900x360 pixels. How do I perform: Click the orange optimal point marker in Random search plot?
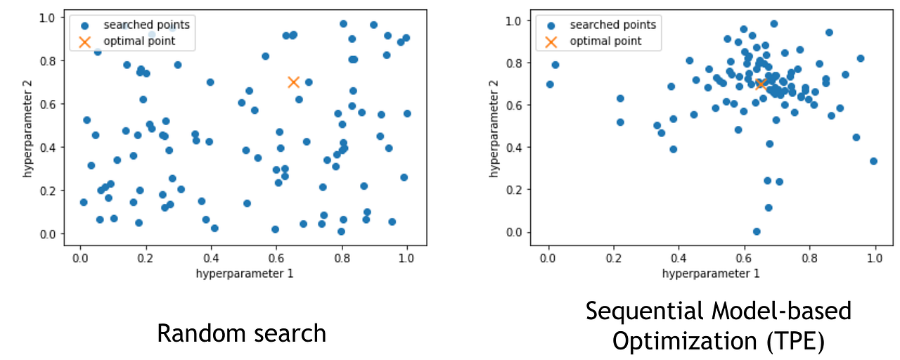point(294,82)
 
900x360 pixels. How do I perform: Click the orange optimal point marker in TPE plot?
point(761,84)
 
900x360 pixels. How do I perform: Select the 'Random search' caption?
point(241,333)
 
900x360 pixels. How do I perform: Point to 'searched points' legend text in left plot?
point(146,25)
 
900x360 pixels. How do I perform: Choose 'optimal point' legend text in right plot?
point(605,41)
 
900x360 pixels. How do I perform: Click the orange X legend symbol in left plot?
point(85,41)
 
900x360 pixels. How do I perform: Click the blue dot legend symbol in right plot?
point(551,25)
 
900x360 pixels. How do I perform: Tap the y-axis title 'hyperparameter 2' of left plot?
point(27,127)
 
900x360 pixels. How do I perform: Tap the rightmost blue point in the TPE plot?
point(873,161)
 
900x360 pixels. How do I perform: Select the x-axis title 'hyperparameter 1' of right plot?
point(711,273)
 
